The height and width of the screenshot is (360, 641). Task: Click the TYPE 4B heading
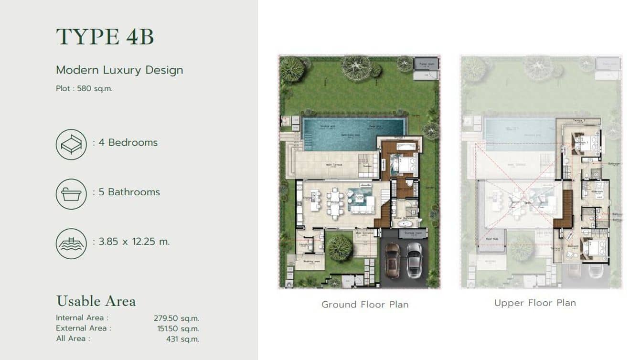105,37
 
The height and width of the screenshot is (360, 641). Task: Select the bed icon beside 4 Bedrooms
71,144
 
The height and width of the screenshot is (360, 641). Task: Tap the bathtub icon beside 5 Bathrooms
71,194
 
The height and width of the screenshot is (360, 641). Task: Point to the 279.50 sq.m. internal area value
176,318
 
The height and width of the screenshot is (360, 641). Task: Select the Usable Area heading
96,301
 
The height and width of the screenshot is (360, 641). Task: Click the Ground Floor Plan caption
364,304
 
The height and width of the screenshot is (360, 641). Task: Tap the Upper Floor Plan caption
535,303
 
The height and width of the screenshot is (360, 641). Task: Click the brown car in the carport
392,260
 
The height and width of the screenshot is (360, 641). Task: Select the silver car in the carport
414,260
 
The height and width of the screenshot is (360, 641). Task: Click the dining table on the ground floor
334,203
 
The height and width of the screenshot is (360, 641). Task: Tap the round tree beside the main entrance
340,247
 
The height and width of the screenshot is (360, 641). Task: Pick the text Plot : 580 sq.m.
84,88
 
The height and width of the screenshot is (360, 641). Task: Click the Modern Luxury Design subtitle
119,70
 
